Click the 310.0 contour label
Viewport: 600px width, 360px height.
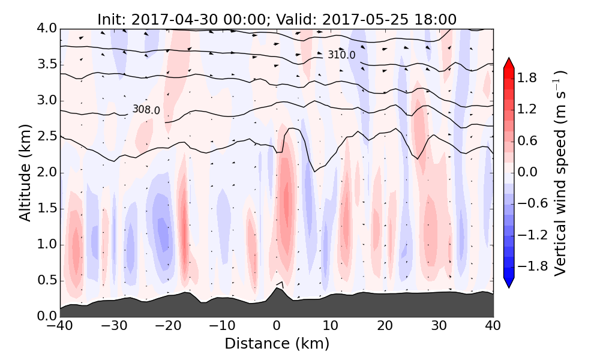pyautogui.click(x=341, y=55)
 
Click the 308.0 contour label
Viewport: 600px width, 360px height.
pyautogui.click(x=146, y=110)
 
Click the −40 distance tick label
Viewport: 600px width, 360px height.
pyautogui.click(x=60, y=327)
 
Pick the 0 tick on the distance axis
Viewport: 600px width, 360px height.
pyautogui.click(x=277, y=327)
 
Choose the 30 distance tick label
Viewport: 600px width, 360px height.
pyautogui.click(x=439, y=327)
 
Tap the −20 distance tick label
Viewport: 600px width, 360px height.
pyautogui.click(x=168, y=327)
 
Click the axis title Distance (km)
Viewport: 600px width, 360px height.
pyautogui.click(x=277, y=344)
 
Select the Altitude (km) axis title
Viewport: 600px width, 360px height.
pyautogui.click(x=25, y=173)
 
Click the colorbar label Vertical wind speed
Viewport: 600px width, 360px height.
pyautogui.click(x=560, y=173)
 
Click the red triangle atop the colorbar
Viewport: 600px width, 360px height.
pyautogui.click(x=509, y=63)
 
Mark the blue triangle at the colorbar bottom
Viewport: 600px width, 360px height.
pyautogui.click(x=509, y=283)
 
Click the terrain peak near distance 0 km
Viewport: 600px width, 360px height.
pyautogui.click(x=277, y=289)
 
